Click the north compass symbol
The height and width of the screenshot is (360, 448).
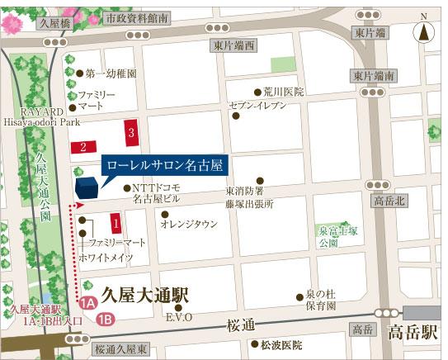click(424, 31)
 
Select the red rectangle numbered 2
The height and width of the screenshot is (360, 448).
click(83, 147)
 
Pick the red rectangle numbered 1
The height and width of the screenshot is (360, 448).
click(116, 221)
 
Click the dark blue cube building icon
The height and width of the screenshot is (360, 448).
click(86, 188)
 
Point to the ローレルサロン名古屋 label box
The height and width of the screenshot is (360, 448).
click(166, 165)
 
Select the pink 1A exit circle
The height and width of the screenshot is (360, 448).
click(88, 301)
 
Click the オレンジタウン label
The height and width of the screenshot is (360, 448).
click(189, 223)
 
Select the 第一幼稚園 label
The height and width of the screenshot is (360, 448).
click(107, 73)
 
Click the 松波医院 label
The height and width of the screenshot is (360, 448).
click(281, 344)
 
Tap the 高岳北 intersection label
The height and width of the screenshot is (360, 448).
click(389, 201)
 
